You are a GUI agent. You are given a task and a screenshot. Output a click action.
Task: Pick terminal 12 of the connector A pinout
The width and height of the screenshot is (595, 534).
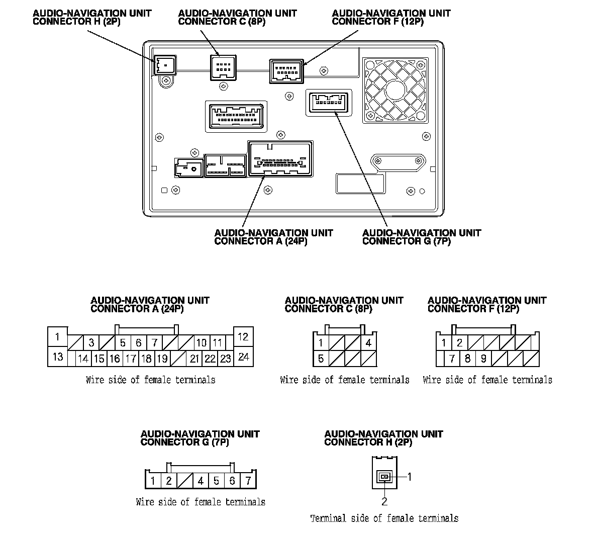pyautogui.click(x=243, y=337)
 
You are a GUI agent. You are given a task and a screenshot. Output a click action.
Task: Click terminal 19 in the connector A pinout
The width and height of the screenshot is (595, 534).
pyautogui.click(x=162, y=359)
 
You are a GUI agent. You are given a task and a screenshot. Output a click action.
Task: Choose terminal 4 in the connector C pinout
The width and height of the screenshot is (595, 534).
pyautogui.click(x=368, y=343)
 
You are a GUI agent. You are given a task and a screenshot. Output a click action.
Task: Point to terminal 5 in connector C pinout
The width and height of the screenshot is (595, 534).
pyautogui.click(x=321, y=359)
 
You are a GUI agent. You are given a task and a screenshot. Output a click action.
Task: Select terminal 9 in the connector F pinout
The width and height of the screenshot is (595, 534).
pyautogui.click(x=483, y=359)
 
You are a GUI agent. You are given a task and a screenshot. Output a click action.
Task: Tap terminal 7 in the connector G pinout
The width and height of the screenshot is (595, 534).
pyautogui.click(x=248, y=481)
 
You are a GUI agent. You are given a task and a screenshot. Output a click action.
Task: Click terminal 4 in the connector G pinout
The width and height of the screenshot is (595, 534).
pyautogui.click(x=201, y=481)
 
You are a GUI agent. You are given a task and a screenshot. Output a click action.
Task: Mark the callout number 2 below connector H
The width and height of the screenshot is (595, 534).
pyautogui.click(x=384, y=501)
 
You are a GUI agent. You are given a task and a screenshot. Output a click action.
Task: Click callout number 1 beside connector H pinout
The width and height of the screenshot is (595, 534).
pyautogui.click(x=410, y=477)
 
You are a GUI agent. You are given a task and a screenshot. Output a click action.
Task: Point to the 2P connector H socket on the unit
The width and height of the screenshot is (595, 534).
pyautogui.click(x=164, y=65)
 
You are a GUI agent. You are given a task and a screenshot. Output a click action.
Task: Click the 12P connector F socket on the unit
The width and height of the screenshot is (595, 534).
pyautogui.click(x=286, y=71)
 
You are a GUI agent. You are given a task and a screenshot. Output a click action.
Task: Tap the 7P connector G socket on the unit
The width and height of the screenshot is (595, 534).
pyautogui.click(x=328, y=102)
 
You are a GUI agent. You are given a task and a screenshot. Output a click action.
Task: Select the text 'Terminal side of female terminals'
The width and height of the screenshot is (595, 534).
pyautogui.click(x=384, y=518)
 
